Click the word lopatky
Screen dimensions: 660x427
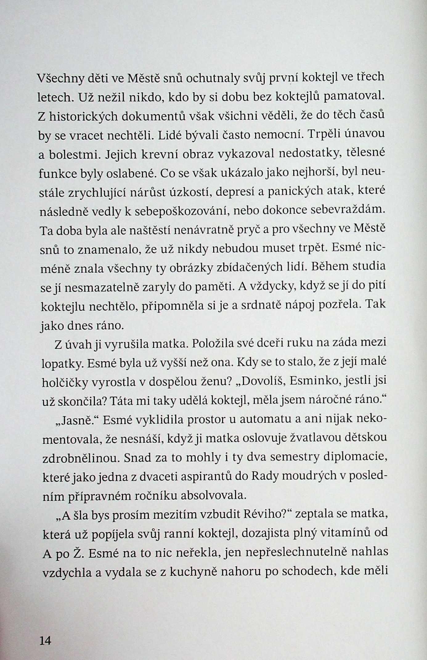(62, 364)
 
